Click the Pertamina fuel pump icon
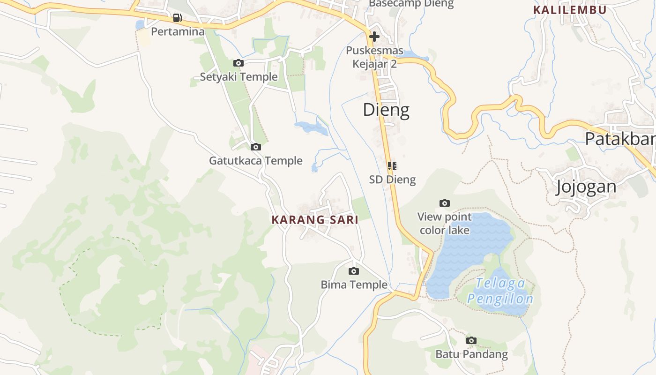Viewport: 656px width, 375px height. [x=177, y=18]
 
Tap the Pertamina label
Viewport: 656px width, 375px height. [x=178, y=32]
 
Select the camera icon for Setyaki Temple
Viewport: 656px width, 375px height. [x=238, y=63]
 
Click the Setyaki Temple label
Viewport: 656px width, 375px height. [x=239, y=77]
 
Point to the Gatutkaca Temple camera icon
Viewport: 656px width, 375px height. [x=255, y=147]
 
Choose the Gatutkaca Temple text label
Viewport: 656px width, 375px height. [x=255, y=161]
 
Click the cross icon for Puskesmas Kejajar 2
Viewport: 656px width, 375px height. [x=374, y=37]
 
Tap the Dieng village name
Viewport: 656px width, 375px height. [x=386, y=110]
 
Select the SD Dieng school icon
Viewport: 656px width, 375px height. [x=392, y=165]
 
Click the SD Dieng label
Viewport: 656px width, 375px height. [x=392, y=179]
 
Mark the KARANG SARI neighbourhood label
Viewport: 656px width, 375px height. [x=315, y=219]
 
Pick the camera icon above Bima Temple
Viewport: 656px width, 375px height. [x=354, y=271]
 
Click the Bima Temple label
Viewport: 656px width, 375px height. [x=354, y=285]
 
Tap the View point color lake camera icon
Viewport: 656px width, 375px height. [x=444, y=203]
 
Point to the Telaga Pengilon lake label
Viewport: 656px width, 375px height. [x=500, y=291]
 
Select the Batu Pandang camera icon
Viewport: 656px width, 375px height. [x=471, y=340]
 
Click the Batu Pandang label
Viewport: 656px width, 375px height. [x=471, y=354]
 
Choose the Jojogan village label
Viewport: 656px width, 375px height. [x=586, y=187]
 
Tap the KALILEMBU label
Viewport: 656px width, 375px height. [x=569, y=10]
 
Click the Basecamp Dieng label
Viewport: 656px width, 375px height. [x=411, y=4]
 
